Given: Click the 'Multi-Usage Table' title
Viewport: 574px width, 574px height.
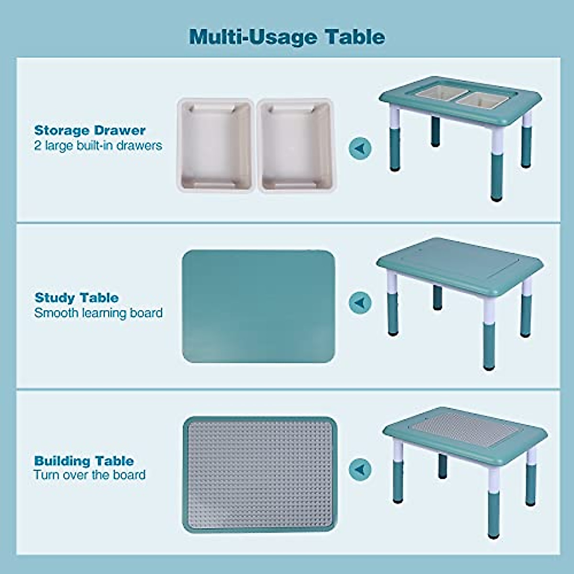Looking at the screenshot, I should (x=287, y=37).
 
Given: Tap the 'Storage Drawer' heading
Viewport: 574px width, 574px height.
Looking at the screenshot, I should (x=90, y=130).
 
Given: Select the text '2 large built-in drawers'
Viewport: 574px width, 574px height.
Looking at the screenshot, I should (x=98, y=145).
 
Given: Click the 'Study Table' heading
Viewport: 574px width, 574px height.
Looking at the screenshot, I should (x=77, y=298).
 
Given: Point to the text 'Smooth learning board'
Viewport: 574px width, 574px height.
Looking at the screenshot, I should (x=99, y=313).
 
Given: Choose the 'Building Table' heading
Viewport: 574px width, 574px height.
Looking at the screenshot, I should (x=84, y=461).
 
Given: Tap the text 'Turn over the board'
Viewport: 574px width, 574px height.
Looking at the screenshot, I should (x=89, y=475).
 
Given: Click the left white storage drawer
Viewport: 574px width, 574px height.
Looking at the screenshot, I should (x=215, y=145).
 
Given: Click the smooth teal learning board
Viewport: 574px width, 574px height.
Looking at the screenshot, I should (x=259, y=306).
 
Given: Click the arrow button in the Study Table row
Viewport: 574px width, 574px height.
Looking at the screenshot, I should (x=360, y=303).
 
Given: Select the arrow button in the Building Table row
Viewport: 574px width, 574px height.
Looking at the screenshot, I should (x=360, y=469).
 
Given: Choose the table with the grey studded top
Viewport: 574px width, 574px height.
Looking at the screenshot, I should (x=464, y=454).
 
